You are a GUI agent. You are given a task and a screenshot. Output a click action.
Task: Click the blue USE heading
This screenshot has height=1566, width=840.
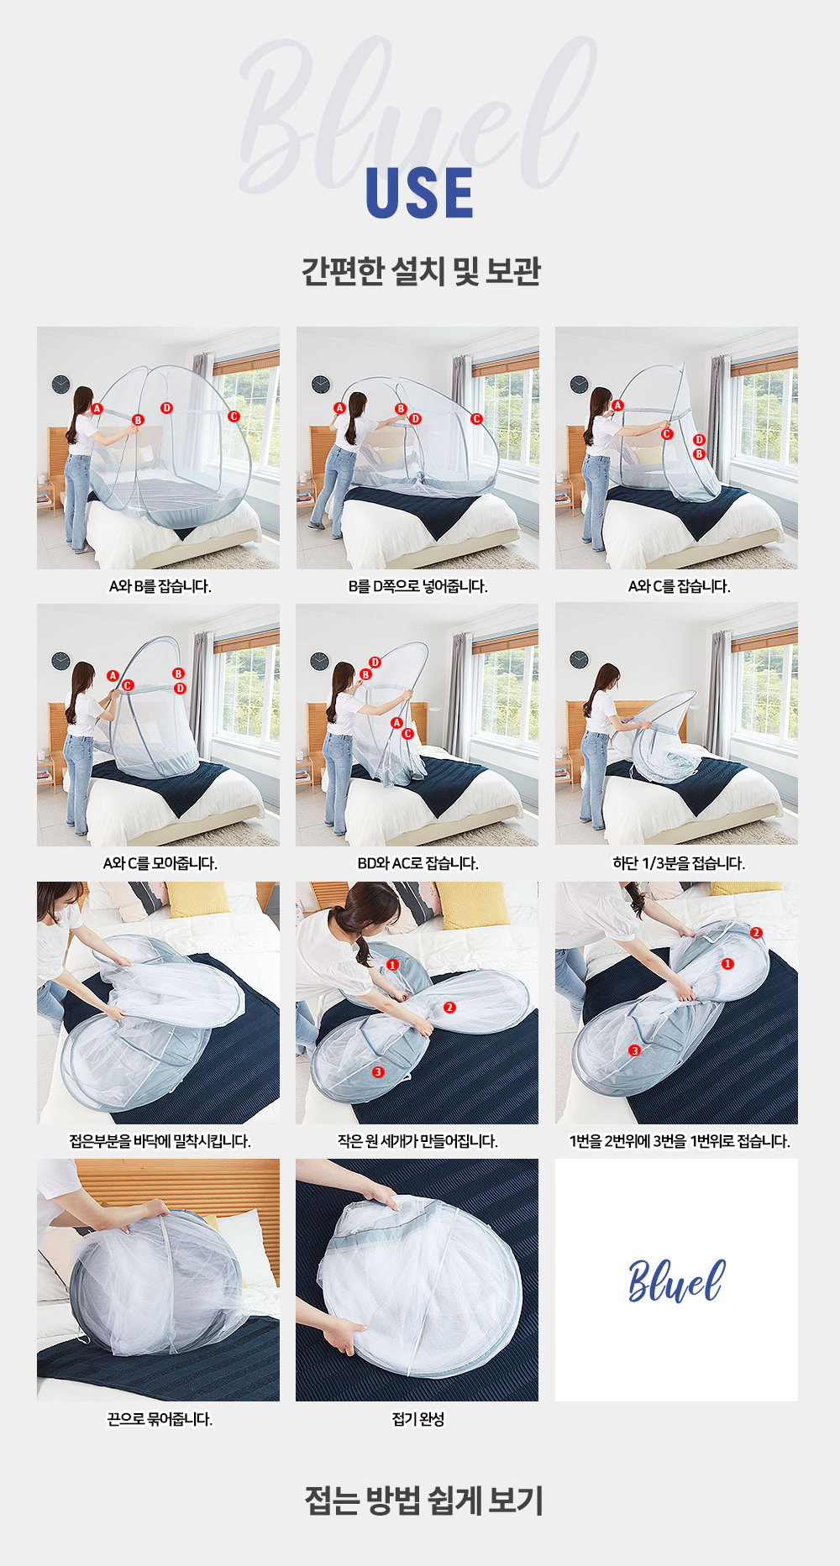coord(419,193)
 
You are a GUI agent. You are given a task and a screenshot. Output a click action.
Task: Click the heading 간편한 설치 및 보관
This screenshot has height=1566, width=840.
coord(421,270)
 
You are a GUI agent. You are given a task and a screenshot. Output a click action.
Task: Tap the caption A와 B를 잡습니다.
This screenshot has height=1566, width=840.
coord(160,586)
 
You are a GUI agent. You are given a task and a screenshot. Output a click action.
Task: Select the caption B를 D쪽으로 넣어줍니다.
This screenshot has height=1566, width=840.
coord(418,586)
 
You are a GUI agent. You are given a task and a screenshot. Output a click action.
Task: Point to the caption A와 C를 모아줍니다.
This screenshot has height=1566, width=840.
coord(160,863)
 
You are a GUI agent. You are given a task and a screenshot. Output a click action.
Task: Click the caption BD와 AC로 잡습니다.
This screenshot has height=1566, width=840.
coord(418,863)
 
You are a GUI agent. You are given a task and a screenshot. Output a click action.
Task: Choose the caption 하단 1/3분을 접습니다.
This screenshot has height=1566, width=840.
coord(679,863)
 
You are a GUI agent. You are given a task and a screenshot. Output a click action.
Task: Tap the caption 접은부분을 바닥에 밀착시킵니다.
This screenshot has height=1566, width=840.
coord(160,1141)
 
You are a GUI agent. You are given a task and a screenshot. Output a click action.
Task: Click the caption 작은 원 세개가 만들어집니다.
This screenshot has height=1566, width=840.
coord(418,1141)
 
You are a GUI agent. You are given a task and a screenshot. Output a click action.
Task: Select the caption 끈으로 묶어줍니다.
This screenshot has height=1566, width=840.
coord(160,1419)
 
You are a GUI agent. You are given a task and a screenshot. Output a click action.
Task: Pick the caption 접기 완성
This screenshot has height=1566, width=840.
coord(418,1419)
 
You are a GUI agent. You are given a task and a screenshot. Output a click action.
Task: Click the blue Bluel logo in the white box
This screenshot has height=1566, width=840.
coord(676,1281)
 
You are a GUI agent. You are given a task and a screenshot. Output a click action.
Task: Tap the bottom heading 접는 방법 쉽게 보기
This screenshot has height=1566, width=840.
coord(423,1501)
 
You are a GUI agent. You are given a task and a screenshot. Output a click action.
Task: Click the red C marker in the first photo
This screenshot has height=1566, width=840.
coord(234,416)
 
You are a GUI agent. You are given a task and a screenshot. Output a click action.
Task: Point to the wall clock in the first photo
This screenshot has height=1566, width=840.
coord(60,384)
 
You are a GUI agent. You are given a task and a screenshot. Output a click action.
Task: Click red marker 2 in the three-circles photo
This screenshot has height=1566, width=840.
coord(449,1007)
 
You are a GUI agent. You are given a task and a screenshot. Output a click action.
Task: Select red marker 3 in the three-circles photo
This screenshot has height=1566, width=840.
coord(378,1071)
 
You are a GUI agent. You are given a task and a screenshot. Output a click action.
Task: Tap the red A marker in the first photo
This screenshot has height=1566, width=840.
coord(97,409)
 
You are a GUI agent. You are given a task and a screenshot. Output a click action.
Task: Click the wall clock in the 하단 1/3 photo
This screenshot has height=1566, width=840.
coord(579,659)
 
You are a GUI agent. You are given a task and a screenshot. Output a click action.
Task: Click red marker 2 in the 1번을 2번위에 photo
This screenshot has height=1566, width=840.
coord(756,933)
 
